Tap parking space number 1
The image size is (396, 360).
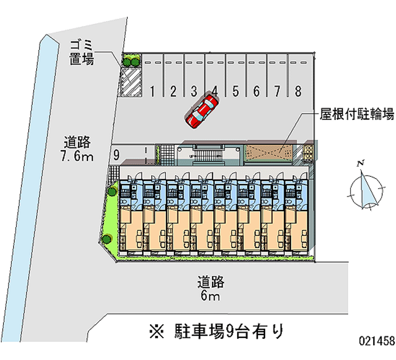[153, 91]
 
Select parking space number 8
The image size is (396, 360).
[297, 91]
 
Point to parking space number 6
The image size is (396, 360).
[256, 91]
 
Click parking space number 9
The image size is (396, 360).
[116, 154]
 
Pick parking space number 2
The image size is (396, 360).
[173, 91]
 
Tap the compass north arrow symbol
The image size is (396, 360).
[367, 189]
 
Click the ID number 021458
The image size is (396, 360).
[377, 341]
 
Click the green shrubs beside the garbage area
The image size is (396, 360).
[132, 61]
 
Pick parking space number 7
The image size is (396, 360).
[277, 91]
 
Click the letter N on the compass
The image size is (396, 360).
[362, 163]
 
